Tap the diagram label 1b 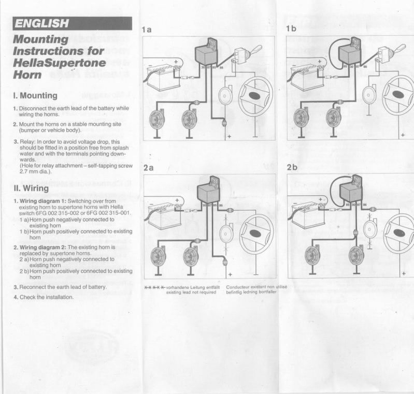291,29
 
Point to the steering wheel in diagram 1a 255,96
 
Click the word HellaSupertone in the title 59,63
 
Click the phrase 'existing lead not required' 191,292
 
